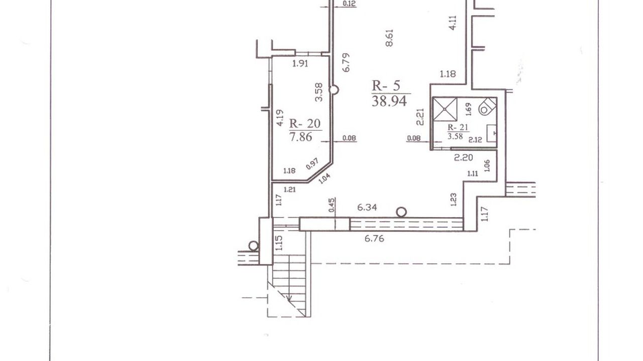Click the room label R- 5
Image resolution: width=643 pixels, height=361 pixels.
[x=386, y=86]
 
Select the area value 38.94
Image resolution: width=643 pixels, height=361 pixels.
[x=389, y=101]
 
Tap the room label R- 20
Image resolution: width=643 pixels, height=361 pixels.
[x=304, y=123]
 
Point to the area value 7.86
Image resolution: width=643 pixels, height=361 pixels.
[x=300, y=137]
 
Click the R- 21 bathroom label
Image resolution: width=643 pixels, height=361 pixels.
[x=458, y=127]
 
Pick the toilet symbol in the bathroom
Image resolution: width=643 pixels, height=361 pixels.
[x=487, y=106]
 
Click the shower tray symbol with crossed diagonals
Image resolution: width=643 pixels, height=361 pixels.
[x=445, y=109]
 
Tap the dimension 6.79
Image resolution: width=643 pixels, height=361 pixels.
[x=347, y=63]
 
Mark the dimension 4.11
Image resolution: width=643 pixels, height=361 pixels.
[x=452, y=23]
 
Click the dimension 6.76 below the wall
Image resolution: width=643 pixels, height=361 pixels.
[x=374, y=239]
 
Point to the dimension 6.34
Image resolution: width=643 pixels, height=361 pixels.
[x=367, y=208]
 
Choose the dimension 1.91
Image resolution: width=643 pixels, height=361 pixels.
[x=300, y=64]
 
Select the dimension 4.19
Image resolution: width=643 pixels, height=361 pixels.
[x=279, y=118]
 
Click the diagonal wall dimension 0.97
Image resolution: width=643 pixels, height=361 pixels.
[x=312, y=163]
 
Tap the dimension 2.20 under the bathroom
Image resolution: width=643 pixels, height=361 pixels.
[x=463, y=157]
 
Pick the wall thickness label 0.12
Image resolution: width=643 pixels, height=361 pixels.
[x=349, y=4]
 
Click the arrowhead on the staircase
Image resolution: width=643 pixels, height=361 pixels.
[x=289, y=299]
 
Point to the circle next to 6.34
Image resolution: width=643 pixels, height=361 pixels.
[x=401, y=212]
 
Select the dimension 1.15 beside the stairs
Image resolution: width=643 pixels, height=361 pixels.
[x=279, y=243]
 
